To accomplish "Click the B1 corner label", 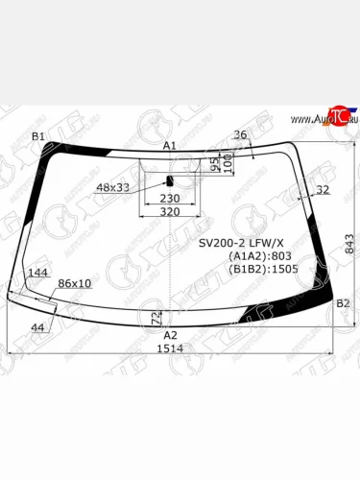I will point(38,136).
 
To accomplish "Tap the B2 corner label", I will point(343,303).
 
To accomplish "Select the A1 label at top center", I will point(169,145).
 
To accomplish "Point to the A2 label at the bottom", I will point(170,335).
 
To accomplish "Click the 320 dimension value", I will point(169,212).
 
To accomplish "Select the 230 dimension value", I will point(169,198).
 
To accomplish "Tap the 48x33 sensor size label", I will point(113,187).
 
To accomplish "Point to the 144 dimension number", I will point(38,274).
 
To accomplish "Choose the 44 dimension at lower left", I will point(37,328).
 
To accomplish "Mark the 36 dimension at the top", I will point(240,134).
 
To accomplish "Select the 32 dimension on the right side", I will point(322,190).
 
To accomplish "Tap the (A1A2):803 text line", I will point(257,256).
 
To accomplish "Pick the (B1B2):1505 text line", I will point(262,270).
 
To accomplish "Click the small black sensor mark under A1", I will point(170,180).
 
